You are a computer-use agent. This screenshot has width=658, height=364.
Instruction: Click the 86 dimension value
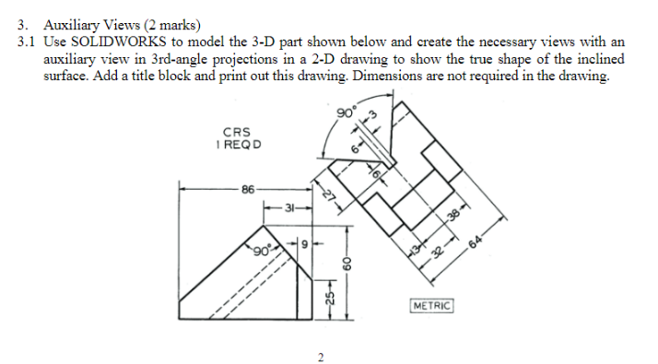(x=248, y=190)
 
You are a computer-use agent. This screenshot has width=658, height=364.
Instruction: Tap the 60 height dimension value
(x=347, y=264)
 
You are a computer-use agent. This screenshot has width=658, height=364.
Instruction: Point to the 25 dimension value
(x=331, y=298)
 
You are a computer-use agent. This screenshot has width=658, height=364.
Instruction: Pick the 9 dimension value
(x=305, y=243)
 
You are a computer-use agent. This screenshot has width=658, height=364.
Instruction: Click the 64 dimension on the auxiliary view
(x=476, y=241)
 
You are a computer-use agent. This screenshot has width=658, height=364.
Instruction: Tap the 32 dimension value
(x=438, y=252)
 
